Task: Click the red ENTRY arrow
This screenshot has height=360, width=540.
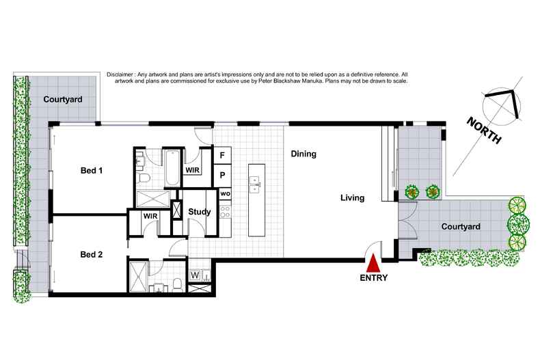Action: pyautogui.click(x=373, y=263)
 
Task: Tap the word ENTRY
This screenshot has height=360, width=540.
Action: pyautogui.click(x=373, y=278)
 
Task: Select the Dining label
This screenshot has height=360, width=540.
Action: pyautogui.click(x=303, y=154)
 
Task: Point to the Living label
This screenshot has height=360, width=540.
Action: pyautogui.click(x=353, y=198)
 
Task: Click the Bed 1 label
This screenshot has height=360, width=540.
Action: pyautogui.click(x=91, y=170)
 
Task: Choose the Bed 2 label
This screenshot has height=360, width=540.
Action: pyautogui.click(x=91, y=255)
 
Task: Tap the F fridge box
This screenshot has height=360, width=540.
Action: pyautogui.click(x=223, y=156)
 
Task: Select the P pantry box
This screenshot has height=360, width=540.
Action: pyautogui.click(x=223, y=176)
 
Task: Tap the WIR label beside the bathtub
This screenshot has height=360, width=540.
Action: pyautogui.click(x=192, y=169)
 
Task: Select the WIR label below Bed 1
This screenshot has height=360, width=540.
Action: pyautogui.click(x=150, y=217)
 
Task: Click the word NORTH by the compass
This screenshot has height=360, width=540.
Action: pyautogui.click(x=485, y=130)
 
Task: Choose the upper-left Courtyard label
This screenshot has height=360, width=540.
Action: pyautogui.click(x=63, y=100)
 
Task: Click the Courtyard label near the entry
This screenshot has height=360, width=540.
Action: pyautogui.click(x=461, y=226)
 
